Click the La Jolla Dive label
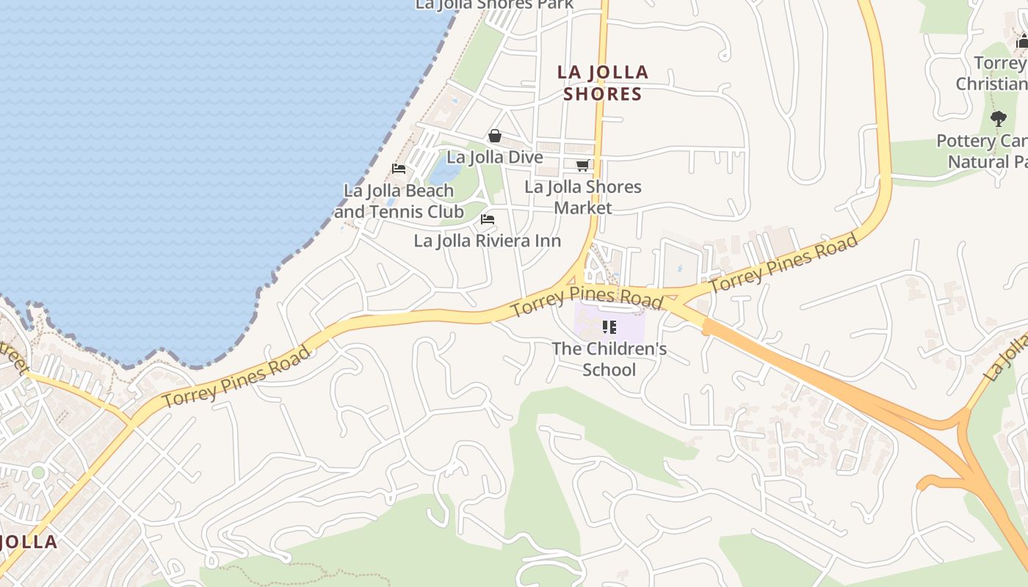pos(495,157)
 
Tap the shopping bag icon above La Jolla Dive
pos(495,136)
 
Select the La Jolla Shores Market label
pos(583,197)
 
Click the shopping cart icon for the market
pos(583,166)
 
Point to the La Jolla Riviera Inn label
pos(488,241)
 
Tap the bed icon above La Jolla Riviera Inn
pos(487,219)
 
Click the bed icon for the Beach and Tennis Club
pos(399,169)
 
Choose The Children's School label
pos(609,358)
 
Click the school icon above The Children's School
pos(609,327)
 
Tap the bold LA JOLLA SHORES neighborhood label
pos(603,83)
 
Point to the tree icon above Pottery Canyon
pos(998,118)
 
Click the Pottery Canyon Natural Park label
pos(984,151)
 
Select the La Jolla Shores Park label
pos(495,4)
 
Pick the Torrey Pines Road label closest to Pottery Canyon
pos(783,263)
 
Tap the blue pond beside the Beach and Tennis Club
pos(442,172)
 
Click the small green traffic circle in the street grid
pos(38,472)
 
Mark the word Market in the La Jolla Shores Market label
pos(583,208)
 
